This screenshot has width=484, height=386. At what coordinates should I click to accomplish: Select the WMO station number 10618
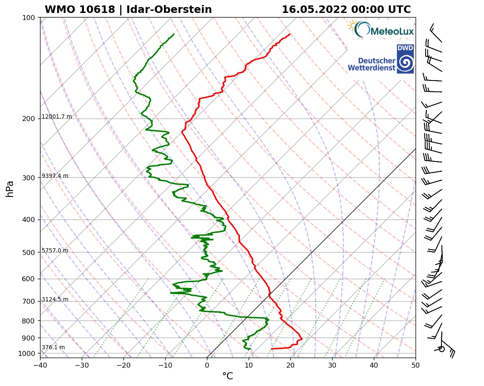99,10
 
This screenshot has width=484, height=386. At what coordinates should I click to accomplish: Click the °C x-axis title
227,376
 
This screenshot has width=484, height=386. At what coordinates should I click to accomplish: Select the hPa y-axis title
10,189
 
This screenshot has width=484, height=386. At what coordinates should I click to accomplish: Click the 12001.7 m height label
57,117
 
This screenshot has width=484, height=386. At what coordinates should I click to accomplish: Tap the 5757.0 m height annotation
55,251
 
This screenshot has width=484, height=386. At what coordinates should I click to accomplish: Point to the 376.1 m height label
53,348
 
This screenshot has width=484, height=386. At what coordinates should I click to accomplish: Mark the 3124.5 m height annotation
55,300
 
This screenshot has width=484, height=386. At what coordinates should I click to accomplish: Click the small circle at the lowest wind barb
442,349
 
